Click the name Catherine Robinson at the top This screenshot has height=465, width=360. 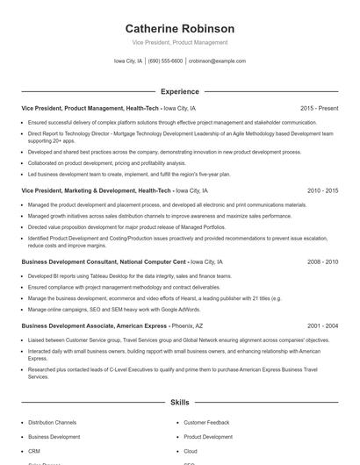pyautogui.click(x=180, y=29)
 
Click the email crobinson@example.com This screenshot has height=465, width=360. pyautogui.click(x=217, y=61)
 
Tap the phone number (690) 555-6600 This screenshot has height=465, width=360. pyautogui.click(x=166, y=61)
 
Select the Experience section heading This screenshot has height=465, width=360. pyautogui.click(x=180, y=91)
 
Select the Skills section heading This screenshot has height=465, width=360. pyautogui.click(x=180, y=403)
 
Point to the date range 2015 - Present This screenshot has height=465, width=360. pyautogui.click(x=319, y=108)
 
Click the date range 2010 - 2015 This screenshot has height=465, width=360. pyautogui.click(x=322, y=190)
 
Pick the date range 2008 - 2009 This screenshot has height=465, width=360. pyautogui.click(x=322, y=262)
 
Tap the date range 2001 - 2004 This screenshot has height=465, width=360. pyautogui.click(x=322, y=325)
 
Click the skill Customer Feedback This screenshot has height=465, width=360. pyautogui.click(x=207, y=422)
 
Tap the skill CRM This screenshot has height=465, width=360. pyautogui.click(x=35, y=451)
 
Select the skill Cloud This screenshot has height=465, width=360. pyautogui.click(x=191, y=451)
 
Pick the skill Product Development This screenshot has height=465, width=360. pyautogui.click(x=208, y=437)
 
